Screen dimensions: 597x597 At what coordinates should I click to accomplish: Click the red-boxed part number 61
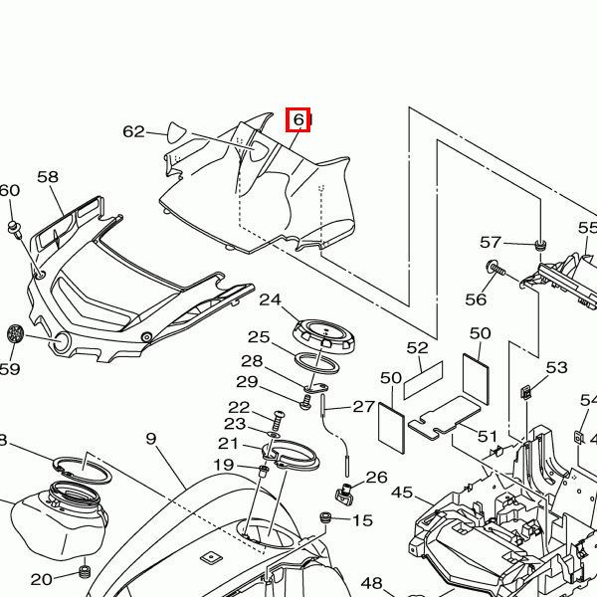pos(298,120)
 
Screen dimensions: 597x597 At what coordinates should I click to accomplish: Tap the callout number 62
pos(133,131)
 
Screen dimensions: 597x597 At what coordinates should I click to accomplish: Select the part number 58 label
pos(48,177)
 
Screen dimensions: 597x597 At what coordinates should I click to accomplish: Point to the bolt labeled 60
pos(15,229)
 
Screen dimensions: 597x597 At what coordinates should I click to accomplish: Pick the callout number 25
pos(259,337)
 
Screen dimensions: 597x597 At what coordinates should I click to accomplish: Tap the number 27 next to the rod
pos(363,406)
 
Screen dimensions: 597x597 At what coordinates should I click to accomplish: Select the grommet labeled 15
pos(324,518)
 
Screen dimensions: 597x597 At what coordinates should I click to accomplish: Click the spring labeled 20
pos(84,572)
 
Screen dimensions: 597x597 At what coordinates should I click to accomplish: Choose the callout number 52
pos(417,348)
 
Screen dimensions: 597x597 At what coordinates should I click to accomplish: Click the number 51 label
pos(487,435)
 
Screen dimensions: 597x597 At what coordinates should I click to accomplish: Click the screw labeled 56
pos(495,267)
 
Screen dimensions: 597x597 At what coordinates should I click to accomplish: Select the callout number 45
pos(402,493)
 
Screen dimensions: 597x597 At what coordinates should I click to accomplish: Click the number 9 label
pos(151,439)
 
